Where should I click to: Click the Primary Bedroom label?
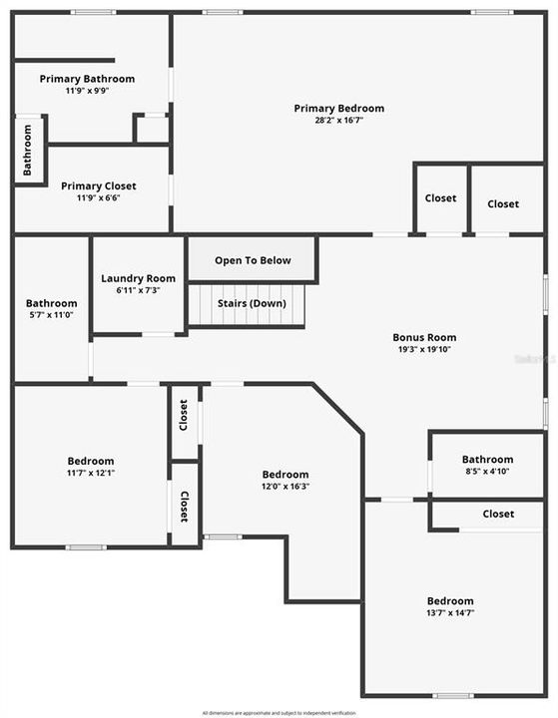pyautogui.click(x=338, y=109)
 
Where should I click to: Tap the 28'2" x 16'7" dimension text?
pyautogui.click(x=338, y=121)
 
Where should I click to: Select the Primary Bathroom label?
pyautogui.click(x=87, y=79)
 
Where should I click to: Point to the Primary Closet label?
pyautogui.click(x=98, y=185)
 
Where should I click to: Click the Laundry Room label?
pyautogui.click(x=138, y=278)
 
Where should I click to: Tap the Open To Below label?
pyautogui.click(x=253, y=260)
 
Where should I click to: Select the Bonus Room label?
pyautogui.click(x=423, y=337)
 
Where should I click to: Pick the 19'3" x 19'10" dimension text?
pyautogui.click(x=423, y=350)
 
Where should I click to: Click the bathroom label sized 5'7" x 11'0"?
pyautogui.click(x=51, y=303)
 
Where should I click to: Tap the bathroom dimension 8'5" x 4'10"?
pyautogui.click(x=487, y=472)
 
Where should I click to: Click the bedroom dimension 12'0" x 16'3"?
pyautogui.click(x=284, y=487)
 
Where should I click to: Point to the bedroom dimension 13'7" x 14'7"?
pyautogui.click(x=450, y=613)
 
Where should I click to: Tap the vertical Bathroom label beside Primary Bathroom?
pyautogui.click(x=28, y=150)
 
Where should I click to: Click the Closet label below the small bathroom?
pyautogui.click(x=498, y=514)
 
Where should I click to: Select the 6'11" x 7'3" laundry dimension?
pyautogui.click(x=138, y=290)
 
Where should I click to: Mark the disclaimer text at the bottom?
pyautogui.click(x=279, y=712)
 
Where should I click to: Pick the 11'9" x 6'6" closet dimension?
pyautogui.click(x=98, y=197)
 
